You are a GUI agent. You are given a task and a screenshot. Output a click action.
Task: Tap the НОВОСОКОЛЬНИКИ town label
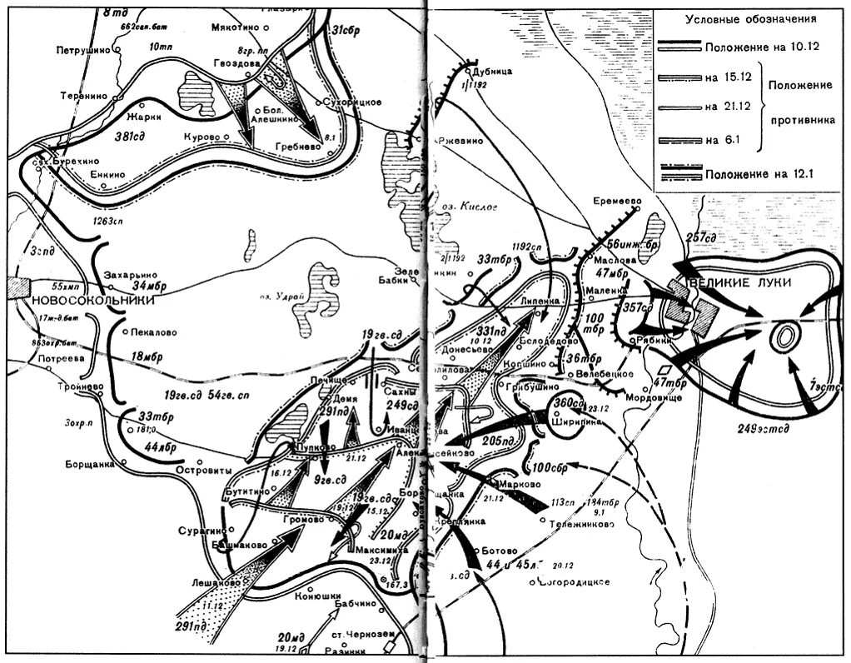[81, 299]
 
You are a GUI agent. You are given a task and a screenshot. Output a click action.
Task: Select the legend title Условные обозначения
[750, 19]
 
